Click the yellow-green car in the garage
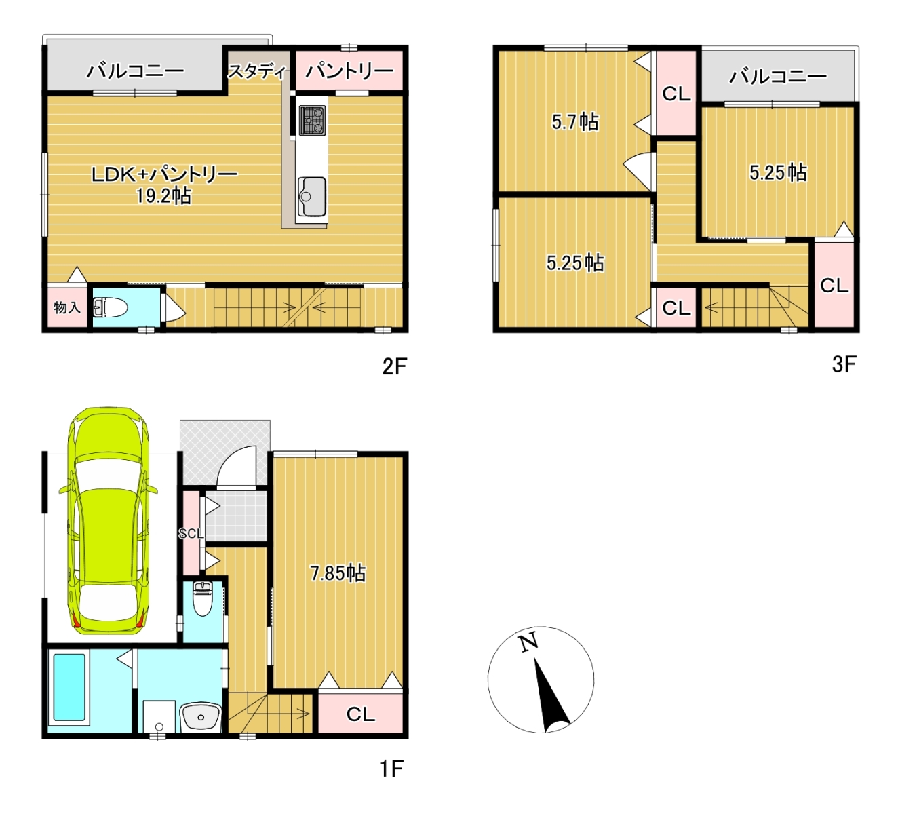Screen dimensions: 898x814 pos(109,520)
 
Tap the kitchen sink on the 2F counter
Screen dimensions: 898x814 pos(312,196)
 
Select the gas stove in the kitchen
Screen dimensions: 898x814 pos(312,120)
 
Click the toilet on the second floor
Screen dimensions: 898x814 pos(110,307)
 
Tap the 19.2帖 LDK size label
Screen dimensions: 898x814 pos(164,196)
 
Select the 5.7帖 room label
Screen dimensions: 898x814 pos(574,122)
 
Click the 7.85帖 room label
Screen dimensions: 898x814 pos(338,573)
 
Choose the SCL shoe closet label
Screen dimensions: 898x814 pos(191,533)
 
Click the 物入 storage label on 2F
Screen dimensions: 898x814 pos(67,307)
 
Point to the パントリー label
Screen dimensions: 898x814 pos(349,71)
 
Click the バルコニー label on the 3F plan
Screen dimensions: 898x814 pos(778,77)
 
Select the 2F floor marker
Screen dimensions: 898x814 pos(394,367)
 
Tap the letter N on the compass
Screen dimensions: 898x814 pos(528,643)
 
